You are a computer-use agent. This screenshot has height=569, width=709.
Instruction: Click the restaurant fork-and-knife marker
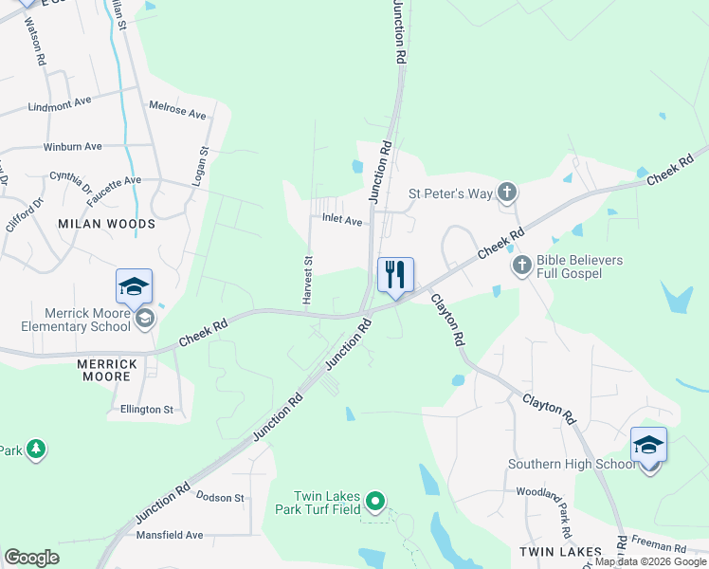(396, 275)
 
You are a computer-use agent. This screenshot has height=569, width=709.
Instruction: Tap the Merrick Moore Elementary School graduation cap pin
(134, 286)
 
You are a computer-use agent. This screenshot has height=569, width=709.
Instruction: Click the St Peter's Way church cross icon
(507, 193)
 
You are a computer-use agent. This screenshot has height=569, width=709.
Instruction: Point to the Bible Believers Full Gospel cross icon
(520, 266)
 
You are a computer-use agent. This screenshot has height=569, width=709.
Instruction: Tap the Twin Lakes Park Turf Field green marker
(375, 502)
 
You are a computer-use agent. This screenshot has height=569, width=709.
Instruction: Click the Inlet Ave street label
(342, 221)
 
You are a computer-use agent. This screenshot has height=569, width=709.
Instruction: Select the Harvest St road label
(308, 280)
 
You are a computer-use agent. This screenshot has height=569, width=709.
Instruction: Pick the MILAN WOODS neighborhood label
(106, 224)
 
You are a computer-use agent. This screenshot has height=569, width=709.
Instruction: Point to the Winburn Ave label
(72, 147)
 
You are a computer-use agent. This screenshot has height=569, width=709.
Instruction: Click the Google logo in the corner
(31, 558)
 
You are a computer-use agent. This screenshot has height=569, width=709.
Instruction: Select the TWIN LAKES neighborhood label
(559, 551)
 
